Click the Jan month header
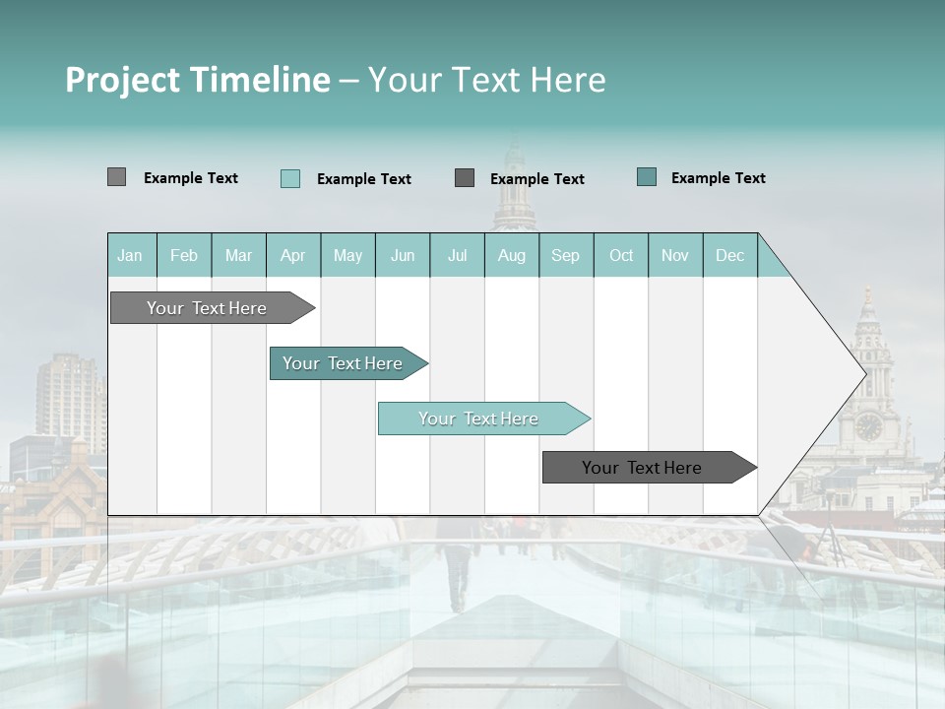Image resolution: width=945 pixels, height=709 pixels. (x=130, y=256)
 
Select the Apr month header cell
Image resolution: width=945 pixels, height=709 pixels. (x=293, y=256)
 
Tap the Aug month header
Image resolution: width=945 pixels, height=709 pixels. (x=512, y=256)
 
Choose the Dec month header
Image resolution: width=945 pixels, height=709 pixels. (x=730, y=256)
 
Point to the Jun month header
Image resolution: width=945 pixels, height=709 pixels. (x=403, y=256)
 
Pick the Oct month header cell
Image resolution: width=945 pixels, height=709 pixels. (x=621, y=256)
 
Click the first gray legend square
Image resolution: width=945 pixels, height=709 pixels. (x=117, y=177)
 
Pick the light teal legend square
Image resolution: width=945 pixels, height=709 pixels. (x=290, y=178)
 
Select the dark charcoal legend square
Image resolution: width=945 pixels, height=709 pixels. (x=465, y=178)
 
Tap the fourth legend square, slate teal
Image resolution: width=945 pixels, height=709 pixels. (x=647, y=177)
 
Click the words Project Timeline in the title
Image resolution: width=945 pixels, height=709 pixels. (x=198, y=80)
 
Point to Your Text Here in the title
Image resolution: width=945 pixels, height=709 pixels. (x=487, y=80)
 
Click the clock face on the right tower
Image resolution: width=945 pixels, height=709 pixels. (x=868, y=426)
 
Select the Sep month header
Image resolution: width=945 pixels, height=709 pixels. (x=566, y=256)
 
